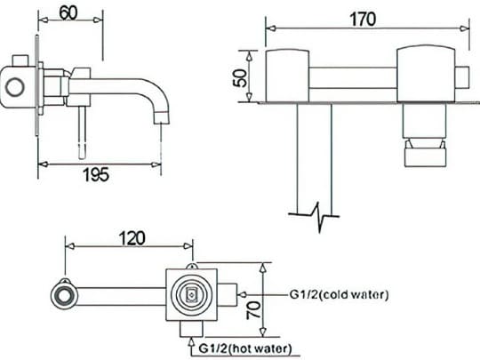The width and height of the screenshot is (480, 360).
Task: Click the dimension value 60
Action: click(68, 13)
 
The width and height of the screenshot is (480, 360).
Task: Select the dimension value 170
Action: click(363, 19)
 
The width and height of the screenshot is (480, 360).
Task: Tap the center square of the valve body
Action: click(191, 294)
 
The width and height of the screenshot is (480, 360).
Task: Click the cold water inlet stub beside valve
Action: click(228, 293)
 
